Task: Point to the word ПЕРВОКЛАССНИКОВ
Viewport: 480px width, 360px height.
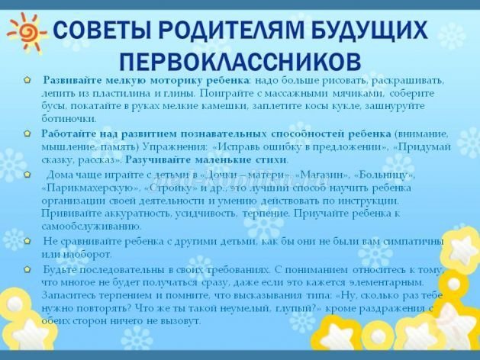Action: (240, 60)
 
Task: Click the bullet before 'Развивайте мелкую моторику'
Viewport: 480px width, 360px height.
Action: (27, 80)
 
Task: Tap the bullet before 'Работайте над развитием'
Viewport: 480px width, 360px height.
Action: (27, 133)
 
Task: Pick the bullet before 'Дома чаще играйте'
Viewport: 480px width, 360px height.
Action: (27, 175)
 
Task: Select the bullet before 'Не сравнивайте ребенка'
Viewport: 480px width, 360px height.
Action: (27, 241)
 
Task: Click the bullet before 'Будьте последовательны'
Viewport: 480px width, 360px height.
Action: (27, 269)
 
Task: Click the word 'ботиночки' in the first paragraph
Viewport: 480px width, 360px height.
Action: (69, 119)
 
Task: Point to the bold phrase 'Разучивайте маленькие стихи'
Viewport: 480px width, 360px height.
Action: (206, 159)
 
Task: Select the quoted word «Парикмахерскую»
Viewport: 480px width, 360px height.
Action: (91, 188)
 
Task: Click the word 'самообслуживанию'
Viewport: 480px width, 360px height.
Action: (92, 227)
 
